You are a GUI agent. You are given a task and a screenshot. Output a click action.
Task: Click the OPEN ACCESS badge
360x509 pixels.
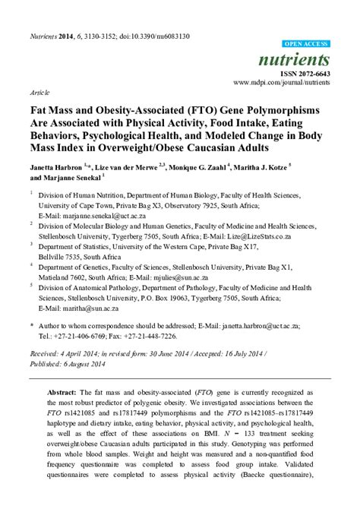(x=305, y=44)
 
